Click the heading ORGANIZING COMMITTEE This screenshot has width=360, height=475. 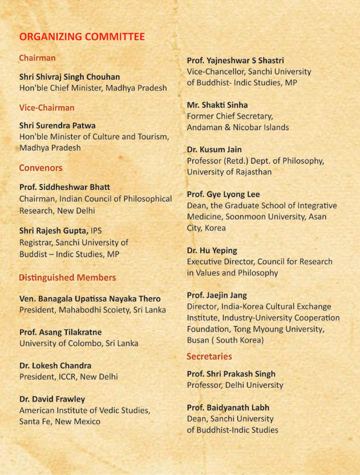(x=82, y=37)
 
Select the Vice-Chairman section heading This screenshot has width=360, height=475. (x=47, y=108)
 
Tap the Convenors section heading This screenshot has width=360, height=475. (x=41, y=168)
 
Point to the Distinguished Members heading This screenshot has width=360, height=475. (x=67, y=278)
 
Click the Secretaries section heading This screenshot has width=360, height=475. (x=209, y=356)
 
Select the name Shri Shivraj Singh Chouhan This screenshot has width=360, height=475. (x=70, y=77)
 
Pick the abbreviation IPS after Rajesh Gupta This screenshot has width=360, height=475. (x=99, y=232)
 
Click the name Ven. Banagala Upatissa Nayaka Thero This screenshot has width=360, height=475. (x=90, y=299)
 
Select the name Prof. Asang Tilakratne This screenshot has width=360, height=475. (x=67, y=332)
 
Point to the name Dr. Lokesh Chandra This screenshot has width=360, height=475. (x=55, y=366)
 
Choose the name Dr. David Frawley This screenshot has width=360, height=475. (x=52, y=399)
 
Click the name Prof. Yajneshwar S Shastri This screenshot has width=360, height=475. (x=236, y=60)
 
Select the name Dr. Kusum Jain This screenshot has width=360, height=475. (x=215, y=149)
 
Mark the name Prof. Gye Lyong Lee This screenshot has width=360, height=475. (x=224, y=194)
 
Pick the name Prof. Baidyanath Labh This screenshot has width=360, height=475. (x=228, y=408)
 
